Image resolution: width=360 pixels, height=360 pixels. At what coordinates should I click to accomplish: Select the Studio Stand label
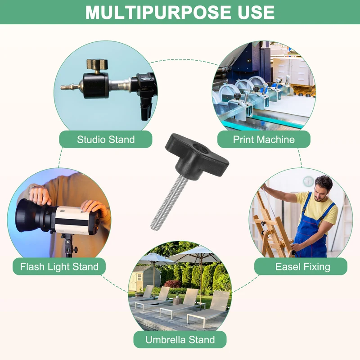click(106, 139)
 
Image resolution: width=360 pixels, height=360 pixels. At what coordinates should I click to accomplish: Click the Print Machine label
click(264, 139)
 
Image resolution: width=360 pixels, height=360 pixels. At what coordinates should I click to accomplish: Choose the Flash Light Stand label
click(59, 266)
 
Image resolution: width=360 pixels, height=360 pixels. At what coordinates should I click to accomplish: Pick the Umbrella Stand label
click(180, 340)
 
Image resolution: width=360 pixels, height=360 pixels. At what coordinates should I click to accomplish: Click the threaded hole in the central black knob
click(197, 146)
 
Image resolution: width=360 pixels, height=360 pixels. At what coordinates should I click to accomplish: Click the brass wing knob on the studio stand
click(97, 64)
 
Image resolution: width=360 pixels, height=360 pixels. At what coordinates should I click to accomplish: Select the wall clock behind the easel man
click(308, 181)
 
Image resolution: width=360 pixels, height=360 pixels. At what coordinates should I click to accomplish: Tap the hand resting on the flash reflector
click(40, 195)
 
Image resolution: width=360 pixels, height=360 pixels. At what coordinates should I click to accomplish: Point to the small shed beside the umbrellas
click(144, 278)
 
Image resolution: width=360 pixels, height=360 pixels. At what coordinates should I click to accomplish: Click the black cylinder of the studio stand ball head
click(95, 85)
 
